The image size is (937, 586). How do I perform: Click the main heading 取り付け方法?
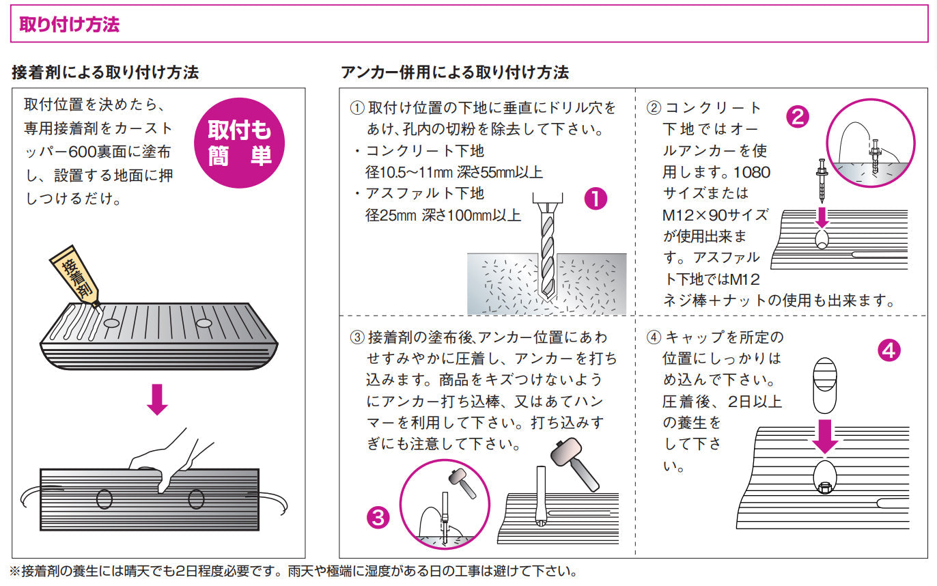pos(70,25)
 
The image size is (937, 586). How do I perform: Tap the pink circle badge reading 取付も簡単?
pos(240,143)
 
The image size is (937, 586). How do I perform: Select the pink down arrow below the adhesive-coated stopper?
pos(158,400)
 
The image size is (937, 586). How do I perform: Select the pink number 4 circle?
pos(889,350)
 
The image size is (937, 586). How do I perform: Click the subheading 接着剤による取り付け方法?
pos(105,72)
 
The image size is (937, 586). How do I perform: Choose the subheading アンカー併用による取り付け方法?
pos(454,72)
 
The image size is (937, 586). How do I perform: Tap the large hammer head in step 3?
pos(565,451)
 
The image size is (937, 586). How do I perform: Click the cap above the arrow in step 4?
pos(826,383)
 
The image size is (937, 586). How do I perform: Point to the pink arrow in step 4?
pos(826,436)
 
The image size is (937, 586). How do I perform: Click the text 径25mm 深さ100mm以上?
pos(443,215)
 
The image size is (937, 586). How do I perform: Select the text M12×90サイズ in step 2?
pos(715,215)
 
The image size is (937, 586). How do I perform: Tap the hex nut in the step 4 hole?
pos(824,486)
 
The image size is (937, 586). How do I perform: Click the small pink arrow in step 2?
pos(822,217)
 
